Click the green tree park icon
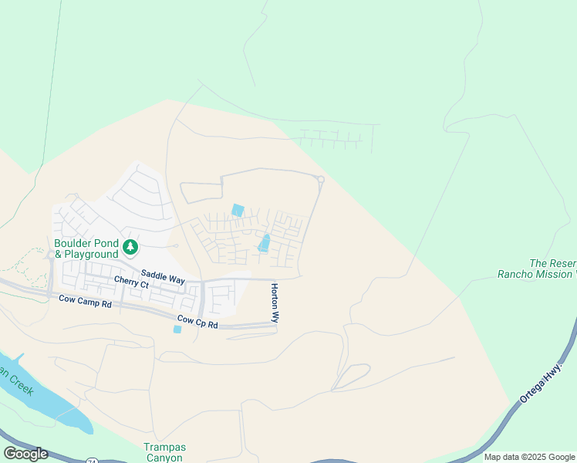click(131, 247)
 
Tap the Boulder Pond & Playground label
click(86, 247)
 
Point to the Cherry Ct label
click(131, 284)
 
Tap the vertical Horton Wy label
click(274, 302)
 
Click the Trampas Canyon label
click(165, 452)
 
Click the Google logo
click(25, 453)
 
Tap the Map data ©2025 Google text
click(529, 457)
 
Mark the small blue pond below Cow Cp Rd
click(177, 330)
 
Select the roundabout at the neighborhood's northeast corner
click(320, 180)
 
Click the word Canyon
click(165, 458)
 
